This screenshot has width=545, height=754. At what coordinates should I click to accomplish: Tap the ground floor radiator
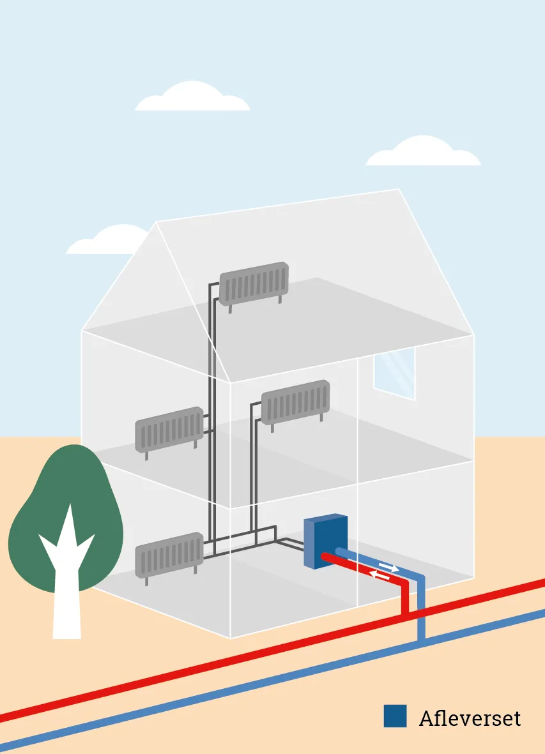tap(169, 555)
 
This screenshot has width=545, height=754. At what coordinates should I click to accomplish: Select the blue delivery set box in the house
tap(326, 541)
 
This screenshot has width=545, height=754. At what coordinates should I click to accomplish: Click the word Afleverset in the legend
tap(470, 718)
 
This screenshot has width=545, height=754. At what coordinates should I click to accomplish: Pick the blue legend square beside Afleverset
tap(395, 716)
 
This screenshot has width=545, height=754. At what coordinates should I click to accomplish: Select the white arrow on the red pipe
tap(380, 574)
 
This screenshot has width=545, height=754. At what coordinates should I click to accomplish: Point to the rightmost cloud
tap(424, 151)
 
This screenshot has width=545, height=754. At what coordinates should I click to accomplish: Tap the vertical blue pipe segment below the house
tap(422, 608)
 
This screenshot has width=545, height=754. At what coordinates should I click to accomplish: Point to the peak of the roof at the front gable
tap(157, 222)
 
